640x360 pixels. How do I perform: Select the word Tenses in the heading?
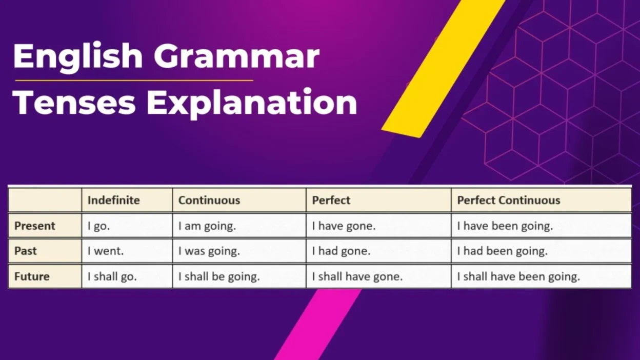[x=74, y=102]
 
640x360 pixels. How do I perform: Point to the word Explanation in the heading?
[x=251, y=102]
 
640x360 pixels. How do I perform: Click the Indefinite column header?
[x=113, y=200]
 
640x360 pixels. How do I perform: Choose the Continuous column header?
[x=209, y=200]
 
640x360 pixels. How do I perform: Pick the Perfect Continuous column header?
[x=508, y=200]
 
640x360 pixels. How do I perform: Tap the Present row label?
[x=35, y=226]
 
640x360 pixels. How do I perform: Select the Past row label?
[x=26, y=251]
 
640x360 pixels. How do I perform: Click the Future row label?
[x=32, y=276]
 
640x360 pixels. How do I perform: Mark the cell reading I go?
[x=98, y=226]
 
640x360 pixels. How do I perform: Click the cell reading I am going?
[x=207, y=226]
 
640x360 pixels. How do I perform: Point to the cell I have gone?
[x=344, y=226]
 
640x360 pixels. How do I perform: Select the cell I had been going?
[x=502, y=251]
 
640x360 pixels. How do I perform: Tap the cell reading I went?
[x=106, y=251]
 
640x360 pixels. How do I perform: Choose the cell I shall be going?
[x=219, y=277]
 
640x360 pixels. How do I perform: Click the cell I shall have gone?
[x=357, y=277]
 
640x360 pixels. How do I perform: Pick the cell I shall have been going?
[x=518, y=277]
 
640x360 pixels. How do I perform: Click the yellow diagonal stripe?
[x=441, y=72]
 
